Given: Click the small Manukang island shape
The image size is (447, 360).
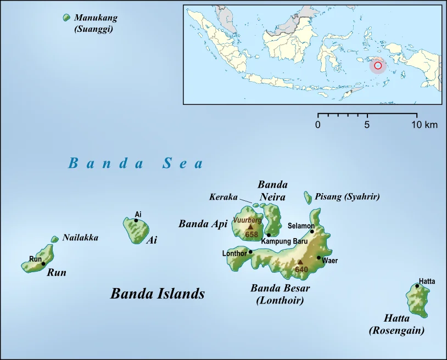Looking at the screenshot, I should click(x=67, y=18).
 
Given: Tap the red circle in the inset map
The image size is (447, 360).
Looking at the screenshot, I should click(x=378, y=66).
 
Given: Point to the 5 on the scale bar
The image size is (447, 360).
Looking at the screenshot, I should click(x=367, y=125).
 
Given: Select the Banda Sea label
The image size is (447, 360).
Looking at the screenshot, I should click(x=136, y=163).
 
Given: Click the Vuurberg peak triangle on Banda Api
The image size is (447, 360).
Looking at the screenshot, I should click(x=251, y=226).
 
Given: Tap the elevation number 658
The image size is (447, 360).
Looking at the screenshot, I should click(x=252, y=235).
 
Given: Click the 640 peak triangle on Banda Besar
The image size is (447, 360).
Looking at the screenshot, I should click(x=300, y=262).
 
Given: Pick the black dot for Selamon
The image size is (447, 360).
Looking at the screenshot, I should click(x=312, y=231).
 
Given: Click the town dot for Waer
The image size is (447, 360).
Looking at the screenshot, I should click(x=319, y=257).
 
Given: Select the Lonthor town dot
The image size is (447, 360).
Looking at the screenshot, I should click(x=250, y=252).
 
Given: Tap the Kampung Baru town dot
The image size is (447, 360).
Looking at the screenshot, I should click(x=269, y=235).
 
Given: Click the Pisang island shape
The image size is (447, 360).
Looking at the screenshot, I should click(x=308, y=196).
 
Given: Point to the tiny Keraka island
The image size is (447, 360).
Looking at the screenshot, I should click(x=256, y=205).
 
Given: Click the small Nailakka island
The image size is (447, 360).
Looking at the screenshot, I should click(x=55, y=239).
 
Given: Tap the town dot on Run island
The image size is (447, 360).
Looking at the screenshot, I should click(x=43, y=264).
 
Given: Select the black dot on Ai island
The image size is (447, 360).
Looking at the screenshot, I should click(x=136, y=221).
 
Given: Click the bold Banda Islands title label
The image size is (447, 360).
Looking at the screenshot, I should click(x=158, y=294).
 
